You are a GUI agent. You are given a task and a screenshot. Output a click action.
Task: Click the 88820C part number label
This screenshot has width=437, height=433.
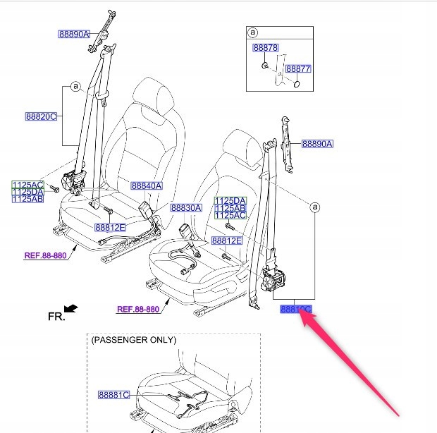41,116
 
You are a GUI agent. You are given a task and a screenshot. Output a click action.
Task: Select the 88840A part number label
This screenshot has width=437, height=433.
146,186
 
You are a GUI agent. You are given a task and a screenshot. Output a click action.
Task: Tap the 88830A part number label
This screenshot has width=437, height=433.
186,208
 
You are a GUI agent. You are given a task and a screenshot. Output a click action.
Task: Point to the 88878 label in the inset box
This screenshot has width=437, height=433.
266,47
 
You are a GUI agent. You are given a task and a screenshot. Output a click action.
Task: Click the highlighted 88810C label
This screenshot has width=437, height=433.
295,309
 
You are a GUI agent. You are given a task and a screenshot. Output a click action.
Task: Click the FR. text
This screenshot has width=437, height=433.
56,317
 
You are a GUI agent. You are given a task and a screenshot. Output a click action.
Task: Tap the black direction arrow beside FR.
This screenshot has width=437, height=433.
70,308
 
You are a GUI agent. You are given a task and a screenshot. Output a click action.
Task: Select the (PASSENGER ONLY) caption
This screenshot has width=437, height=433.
134,340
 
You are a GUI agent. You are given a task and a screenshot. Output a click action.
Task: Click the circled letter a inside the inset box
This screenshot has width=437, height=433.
253,32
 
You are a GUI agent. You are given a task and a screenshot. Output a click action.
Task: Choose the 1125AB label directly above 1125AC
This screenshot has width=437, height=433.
230,208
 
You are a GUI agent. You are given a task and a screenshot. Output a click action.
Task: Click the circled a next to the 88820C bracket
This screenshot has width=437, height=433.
74,87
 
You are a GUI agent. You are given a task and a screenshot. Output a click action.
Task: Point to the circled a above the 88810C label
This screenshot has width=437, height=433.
315,207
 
